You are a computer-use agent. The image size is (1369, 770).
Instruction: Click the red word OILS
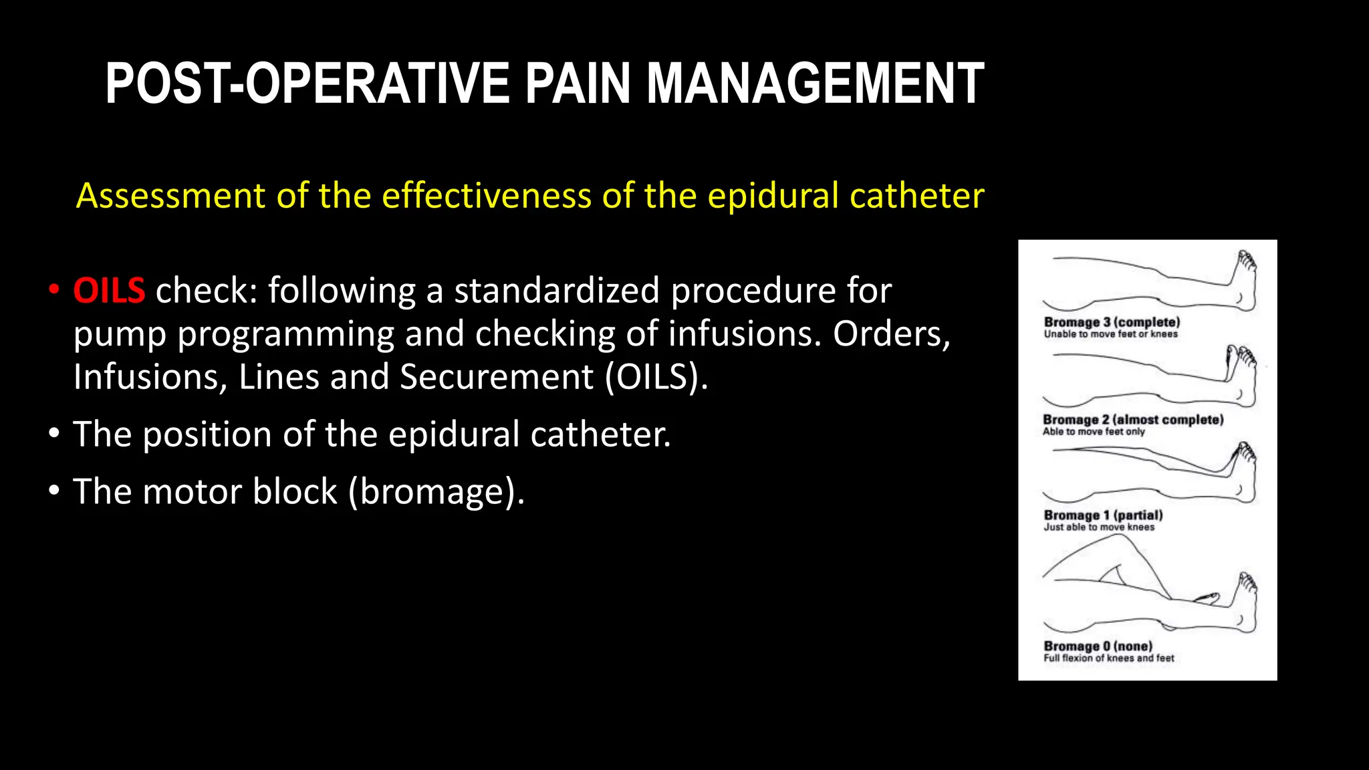pyautogui.click(x=109, y=291)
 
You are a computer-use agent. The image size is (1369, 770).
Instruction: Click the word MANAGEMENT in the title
pyautogui.click(x=815, y=84)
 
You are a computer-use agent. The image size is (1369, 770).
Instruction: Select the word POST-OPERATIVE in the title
pyautogui.click(x=307, y=84)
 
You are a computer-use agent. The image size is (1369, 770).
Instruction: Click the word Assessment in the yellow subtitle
pyautogui.click(x=170, y=197)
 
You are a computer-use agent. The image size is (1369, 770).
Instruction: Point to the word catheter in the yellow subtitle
pyautogui.click(x=916, y=197)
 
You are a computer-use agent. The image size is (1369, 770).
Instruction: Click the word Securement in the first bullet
pyautogui.click(x=497, y=377)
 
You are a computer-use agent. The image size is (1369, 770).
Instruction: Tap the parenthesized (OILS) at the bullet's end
pyautogui.click(x=656, y=377)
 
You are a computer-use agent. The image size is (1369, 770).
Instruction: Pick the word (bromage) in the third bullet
pyautogui.click(x=437, y=493)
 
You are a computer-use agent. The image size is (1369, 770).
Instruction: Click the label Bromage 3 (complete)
pyautogui.click(x=1112, y=322)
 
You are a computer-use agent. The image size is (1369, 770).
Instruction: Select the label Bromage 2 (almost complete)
pyautogui.click(x=1133, y=420)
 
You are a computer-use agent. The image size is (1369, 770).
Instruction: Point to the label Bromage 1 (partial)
pyautogui.click(x=1103, y=515)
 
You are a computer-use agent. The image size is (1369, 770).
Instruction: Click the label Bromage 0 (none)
pyautogui.click(x=1098, y=646)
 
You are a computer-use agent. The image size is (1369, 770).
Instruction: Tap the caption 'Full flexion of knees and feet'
pyautogui.click(x=1108, y=658)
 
